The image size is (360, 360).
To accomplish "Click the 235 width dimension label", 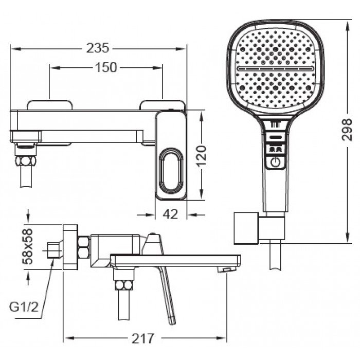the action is point(98,48).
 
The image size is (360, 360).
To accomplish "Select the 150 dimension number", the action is point(106,67).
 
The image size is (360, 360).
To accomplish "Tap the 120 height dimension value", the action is point(202,155).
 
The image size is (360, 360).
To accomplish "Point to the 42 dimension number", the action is point(170,214).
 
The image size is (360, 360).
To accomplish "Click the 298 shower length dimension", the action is point(347,130).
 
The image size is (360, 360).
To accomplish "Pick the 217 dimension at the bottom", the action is point(142,338).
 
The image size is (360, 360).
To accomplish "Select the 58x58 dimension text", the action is point(28,246).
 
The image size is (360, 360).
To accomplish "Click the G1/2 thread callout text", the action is point(24,307).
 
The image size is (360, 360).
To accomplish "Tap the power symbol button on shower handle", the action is point(276,163).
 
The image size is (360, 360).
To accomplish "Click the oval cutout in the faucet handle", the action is point(171,170).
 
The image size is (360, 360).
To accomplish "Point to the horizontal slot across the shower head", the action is point(276,68).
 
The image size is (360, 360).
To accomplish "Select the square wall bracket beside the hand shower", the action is point(246,228).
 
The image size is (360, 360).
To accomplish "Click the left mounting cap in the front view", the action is point(49,105).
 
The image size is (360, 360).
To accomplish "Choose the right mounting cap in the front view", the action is point(163,105).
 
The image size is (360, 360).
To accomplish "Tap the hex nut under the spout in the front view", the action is point(26,160).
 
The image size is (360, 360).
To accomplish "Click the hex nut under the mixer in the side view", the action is point(124,285).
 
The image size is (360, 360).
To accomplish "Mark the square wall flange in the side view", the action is point(70,247).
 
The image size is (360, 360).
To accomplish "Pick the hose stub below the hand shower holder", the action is point(276,255).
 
